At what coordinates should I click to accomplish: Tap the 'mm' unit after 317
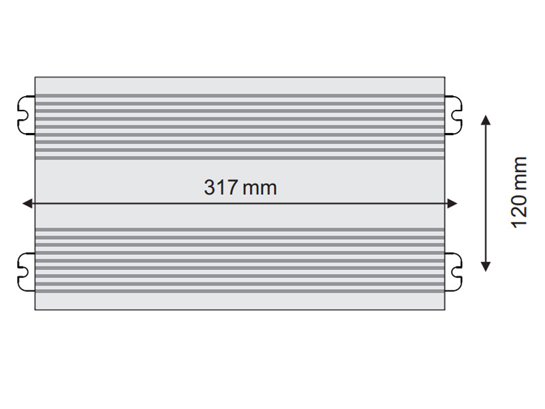(x=260, y=190)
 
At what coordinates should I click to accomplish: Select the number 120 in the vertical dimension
(x=519, y=211)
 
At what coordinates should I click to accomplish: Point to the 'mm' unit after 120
(x=520, y=172)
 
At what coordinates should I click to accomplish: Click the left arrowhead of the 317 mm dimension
(x=27, y=203)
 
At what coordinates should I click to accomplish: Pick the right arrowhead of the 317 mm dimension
(x=452, y=203)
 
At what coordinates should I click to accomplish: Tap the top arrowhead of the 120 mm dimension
(x=486, y=120)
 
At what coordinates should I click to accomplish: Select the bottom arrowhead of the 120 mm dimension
(x=486, y=267)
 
